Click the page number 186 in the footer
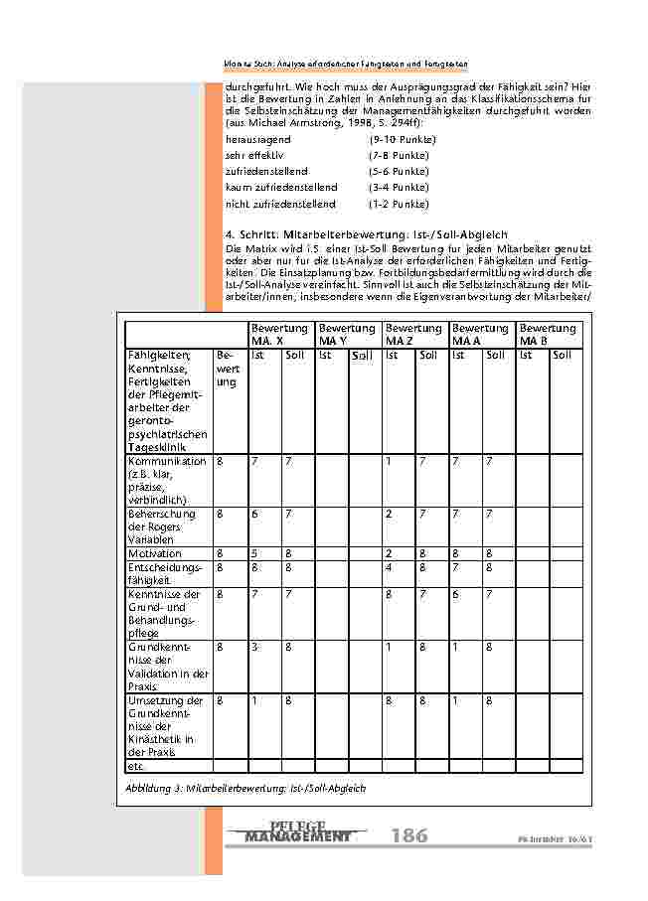coord(409,835)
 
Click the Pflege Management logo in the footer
coord(297,832)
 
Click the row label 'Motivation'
coord(155,553)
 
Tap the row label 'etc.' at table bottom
coord(136,766)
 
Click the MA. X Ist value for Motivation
coord(254,553)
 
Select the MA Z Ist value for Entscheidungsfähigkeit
coord(390,567)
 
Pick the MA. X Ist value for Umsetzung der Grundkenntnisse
coord(254,700)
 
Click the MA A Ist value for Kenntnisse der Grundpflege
coord(456,594)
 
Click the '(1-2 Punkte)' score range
coord(399,204)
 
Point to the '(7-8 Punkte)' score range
coord(399,156)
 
